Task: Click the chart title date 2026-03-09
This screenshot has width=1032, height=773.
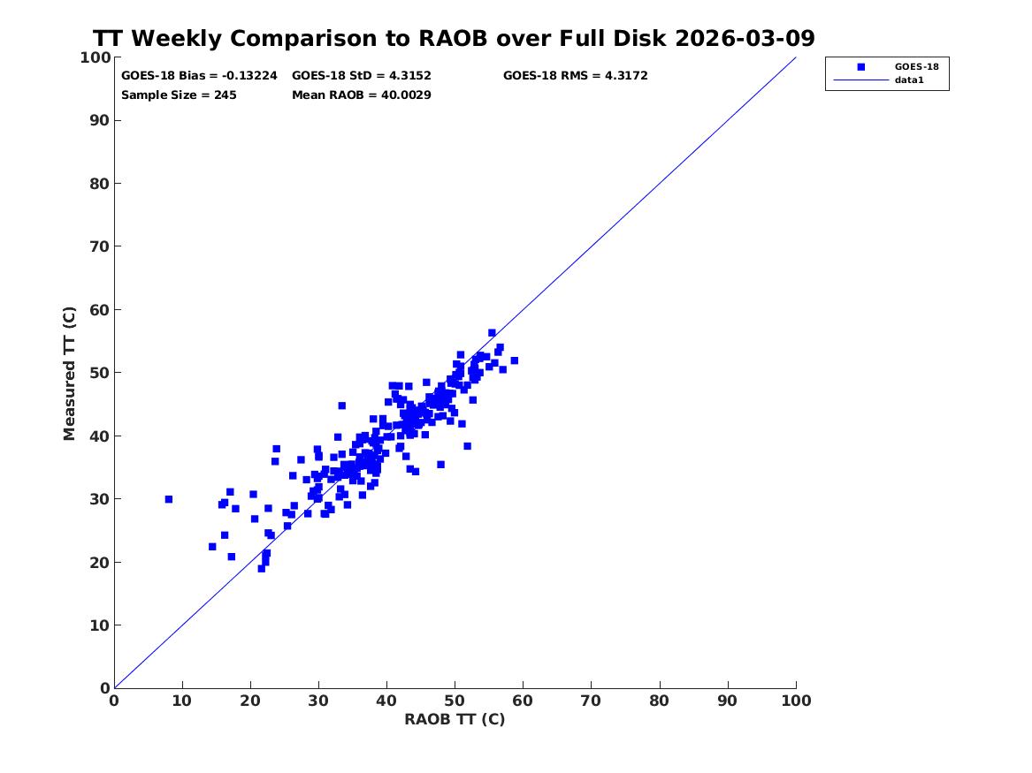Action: tap(745, 38)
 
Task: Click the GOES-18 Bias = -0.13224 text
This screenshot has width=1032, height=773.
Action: tap(200, 76)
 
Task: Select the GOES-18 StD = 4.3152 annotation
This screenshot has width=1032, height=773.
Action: tap(362, 76)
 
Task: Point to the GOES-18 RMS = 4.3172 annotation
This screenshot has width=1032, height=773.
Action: tap(575, 76)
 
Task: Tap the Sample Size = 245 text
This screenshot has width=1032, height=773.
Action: tap(179, 95)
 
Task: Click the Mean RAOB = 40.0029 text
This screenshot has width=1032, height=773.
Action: tap(362, 95)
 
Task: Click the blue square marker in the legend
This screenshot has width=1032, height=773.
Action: tap(860, 66)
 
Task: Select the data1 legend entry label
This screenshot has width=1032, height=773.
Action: tap(909, 80)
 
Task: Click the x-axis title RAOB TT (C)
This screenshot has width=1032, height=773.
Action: tap(455, 719)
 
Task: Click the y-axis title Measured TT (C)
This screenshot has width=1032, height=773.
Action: tap(69, 374)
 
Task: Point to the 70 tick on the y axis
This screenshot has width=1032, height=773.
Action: tap(99, 246)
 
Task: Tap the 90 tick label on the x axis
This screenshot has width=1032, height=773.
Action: tap(727, 701)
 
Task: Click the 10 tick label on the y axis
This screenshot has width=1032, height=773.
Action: tap(99, 625)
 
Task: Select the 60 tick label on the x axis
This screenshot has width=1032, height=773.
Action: tap(523, 701)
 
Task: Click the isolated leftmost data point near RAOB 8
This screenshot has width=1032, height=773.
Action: tap(169, 499)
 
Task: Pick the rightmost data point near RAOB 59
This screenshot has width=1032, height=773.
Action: tap(514, 360)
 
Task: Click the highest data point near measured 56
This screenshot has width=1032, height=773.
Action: tap(492, 333)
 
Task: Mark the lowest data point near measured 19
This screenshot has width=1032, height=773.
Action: tap(261, 569)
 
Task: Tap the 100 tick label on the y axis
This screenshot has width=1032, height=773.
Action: tap(95, 57)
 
